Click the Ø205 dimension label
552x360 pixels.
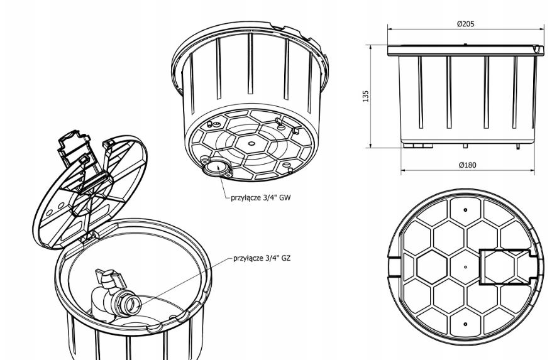[466, 24]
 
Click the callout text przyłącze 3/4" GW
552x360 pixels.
[261, 197]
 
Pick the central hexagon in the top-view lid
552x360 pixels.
[465, 267]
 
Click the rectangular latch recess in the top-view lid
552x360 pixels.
[506, 266]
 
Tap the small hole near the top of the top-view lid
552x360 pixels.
[465, 209]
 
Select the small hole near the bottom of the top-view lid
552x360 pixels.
[465, 324]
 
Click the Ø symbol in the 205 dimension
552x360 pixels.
[460, 24]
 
